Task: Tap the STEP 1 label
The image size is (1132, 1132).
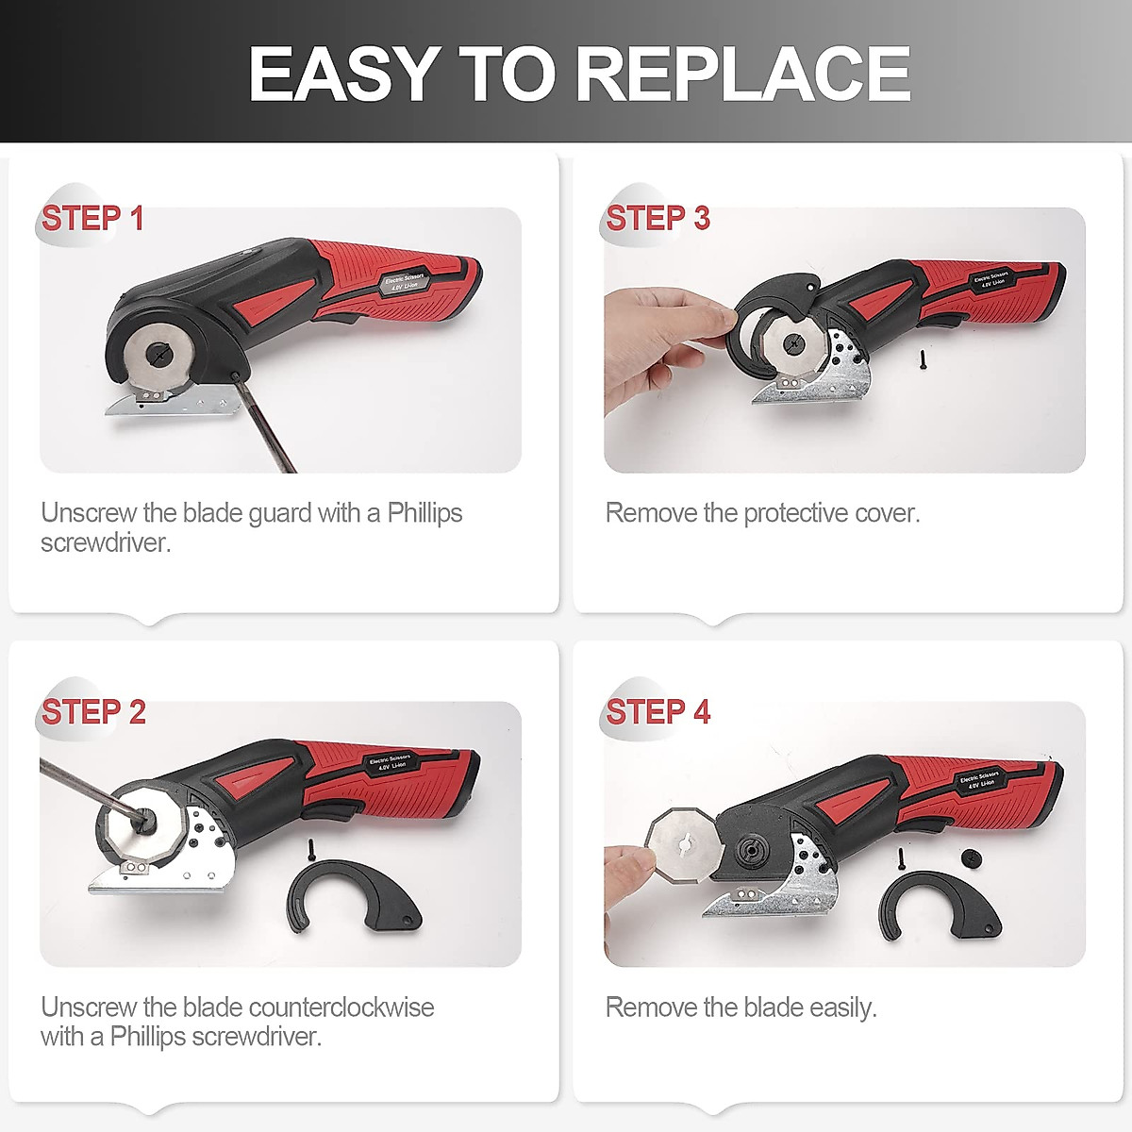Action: (x=92, y=218)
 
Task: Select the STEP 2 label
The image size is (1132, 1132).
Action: (x=93, y=712)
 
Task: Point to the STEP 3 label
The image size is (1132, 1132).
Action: (x=658, y=218)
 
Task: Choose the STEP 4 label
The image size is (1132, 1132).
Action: (x=658, y=712)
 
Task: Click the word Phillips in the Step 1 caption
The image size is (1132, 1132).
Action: (x=424, y=514)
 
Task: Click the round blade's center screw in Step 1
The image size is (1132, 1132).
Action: (x=159, y=353)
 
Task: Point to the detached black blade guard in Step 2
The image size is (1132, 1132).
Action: (x=353, y=897)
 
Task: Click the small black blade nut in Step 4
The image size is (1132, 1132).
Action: (x=971, y=858)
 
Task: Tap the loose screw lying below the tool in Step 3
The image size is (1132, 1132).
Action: (x=923, y=358)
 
